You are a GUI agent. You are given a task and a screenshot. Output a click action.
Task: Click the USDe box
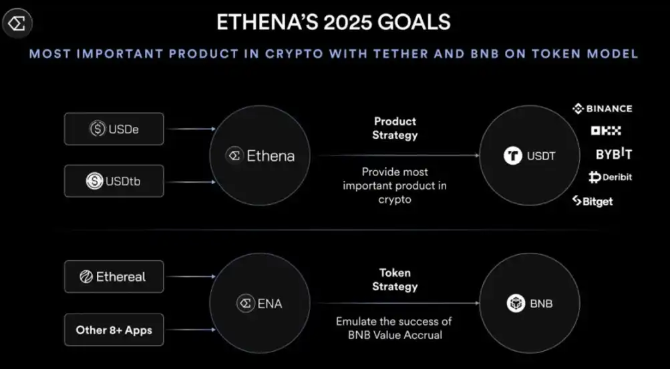(x=114, y=129)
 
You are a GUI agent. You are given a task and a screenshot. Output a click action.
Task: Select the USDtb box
(x=114, y=181)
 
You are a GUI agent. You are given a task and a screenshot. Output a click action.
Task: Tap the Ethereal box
(x=114, y=276)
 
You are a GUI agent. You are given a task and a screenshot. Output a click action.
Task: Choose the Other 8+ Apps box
(x=114, y=330)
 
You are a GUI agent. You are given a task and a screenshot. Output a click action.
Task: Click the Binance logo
(x=602, y=109)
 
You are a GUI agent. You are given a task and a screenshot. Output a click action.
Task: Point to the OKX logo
(x=606, y=131)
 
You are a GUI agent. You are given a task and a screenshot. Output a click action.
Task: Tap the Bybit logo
(x=614, y=153)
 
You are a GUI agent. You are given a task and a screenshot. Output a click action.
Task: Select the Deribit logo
(x=610, y=177)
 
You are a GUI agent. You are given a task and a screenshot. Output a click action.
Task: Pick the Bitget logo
(x=593, y=201)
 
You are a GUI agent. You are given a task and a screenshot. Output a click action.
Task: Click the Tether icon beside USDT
(x=513, y=155)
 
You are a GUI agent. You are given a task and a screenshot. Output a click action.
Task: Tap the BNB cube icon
(x=516, y=304)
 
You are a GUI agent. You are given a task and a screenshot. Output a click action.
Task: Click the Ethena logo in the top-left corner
(x=17, y=23)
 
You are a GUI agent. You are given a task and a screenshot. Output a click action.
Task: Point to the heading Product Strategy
(x=395, y=128)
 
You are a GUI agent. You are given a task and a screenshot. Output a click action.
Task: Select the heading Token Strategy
(x=395, y=280)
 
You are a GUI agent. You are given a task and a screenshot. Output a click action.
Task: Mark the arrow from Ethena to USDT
(x=399, y=155)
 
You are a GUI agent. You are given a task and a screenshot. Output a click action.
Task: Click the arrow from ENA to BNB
(x=397, y=304)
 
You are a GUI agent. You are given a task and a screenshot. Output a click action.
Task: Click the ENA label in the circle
(x=270, y=304)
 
